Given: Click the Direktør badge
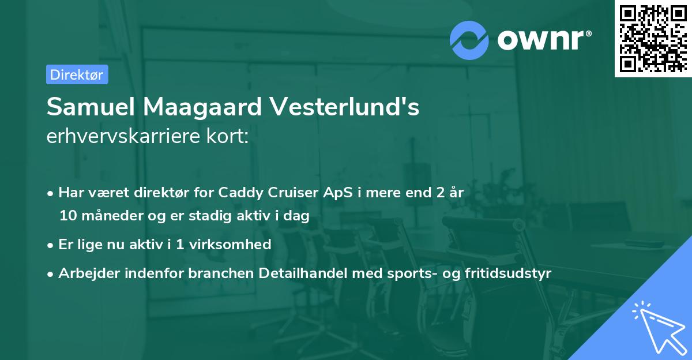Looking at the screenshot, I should point(77,74).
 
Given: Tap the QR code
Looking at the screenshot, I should point(653,39).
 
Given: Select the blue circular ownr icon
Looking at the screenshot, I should point(469,40).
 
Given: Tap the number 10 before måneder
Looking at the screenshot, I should point(66,216).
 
